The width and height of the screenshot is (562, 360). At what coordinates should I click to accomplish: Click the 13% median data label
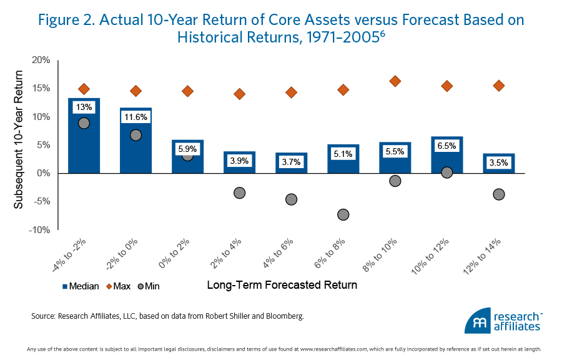(x=84, y=107)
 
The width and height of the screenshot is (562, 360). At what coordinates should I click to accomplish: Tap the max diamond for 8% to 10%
(x=395, y=81)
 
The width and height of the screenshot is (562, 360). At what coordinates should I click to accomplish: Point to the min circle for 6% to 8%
(x=343, y=214)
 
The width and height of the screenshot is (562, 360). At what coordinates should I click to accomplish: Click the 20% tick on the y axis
(x=41, y=60)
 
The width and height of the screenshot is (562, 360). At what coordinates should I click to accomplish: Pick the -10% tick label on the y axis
(x=39, y=230)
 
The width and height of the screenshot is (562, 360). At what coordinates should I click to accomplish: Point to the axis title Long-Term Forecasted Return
(x=282, y=286)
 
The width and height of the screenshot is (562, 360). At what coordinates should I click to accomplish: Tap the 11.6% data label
(x=136, y=117)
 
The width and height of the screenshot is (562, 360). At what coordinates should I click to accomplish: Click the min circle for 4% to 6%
(x=291, y=199)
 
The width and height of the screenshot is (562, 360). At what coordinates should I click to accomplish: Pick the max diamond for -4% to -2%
(x=84, y=89)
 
